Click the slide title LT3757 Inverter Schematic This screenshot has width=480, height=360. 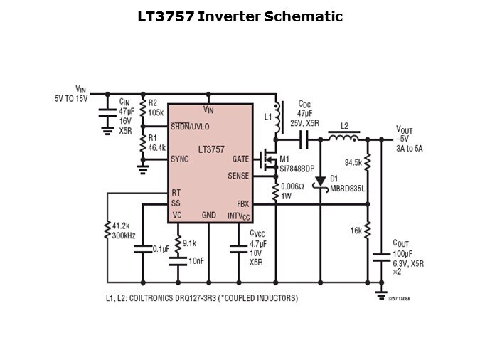(x=240, y=16)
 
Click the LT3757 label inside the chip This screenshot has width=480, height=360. (x=211, y=149)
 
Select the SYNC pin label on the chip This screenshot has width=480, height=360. (x=180, y=159)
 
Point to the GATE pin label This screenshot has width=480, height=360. (x=240, y=159)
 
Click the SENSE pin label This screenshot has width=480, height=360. (x=238, y=176)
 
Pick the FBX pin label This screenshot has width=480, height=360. (x=242, y=203)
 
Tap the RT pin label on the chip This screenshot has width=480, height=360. (x=175, y=193)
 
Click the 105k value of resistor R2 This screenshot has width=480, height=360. (x=156, y=112)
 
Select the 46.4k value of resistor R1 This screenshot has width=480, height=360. (x=156, y=148)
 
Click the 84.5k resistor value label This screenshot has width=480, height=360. (x=353, y=162)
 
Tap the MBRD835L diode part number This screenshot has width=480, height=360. (x=347, y=189)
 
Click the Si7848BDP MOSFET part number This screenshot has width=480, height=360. (x=297, y=168)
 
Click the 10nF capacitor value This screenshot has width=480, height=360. (x=196, y=261)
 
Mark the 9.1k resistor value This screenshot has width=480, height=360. (x=189, y=243)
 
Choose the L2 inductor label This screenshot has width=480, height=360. (x=345, y=126)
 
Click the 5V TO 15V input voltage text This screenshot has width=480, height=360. (x=71, y=98)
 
